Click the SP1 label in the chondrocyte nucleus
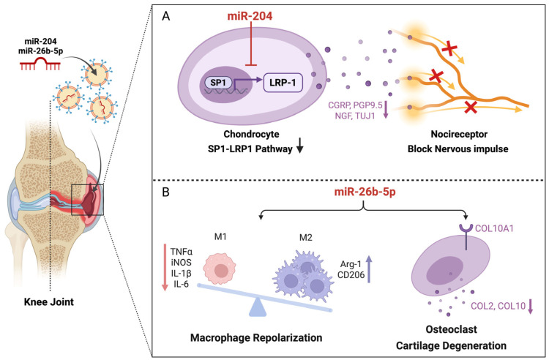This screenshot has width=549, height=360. point(218,83)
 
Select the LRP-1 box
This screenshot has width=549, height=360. point(283,83)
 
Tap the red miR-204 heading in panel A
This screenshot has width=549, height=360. point(250,16)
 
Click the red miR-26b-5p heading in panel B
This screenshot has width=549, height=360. point(365,192)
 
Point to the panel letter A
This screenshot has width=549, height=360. point(165,16)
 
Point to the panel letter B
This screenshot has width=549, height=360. point(165,192)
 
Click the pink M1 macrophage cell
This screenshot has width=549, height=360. point(220,269)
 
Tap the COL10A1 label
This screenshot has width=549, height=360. point(494,228)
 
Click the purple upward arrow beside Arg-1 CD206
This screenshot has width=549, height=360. point(369,269)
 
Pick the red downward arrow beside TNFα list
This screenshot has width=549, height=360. point(164,267)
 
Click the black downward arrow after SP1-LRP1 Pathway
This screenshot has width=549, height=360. point(299,146)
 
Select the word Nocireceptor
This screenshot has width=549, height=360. point(459,134)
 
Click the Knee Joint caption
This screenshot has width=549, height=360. point(49,302)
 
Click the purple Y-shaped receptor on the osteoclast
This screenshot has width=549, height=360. point(466,236)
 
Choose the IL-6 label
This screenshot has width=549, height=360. point(182,284)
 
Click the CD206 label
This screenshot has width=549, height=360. point(351,275)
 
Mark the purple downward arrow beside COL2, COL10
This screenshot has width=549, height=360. point(530,306)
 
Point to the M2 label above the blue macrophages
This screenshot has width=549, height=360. point(306,238)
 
